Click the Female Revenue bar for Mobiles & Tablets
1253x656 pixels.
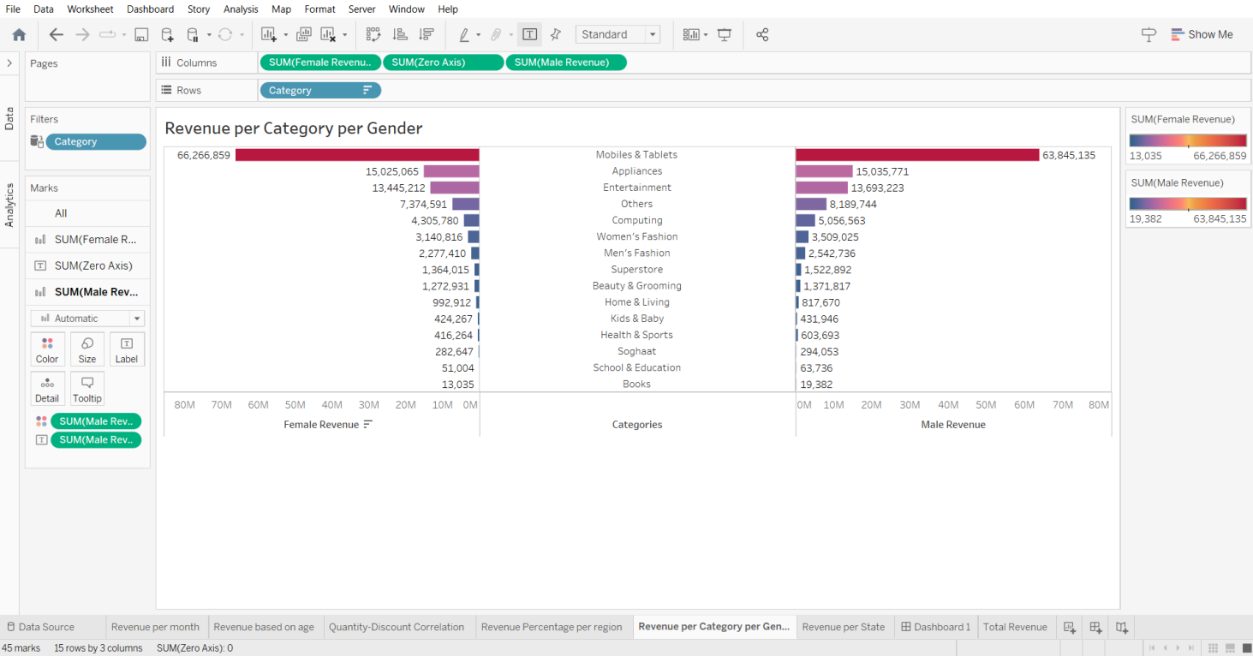357,155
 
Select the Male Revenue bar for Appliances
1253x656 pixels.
824,171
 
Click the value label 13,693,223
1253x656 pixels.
877,188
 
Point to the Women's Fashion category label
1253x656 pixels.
636,236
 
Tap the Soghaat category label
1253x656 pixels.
636,351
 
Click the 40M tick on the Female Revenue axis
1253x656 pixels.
331,405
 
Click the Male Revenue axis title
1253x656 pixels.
952,425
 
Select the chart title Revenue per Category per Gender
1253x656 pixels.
294,128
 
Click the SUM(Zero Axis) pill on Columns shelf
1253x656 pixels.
443,63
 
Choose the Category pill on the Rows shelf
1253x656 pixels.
319,90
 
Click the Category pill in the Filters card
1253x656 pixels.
95,142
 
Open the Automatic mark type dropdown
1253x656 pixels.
87,318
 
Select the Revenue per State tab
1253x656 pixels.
843,627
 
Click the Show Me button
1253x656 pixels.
1202,34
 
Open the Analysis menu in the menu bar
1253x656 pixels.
241,9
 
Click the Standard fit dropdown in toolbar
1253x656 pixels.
618,34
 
